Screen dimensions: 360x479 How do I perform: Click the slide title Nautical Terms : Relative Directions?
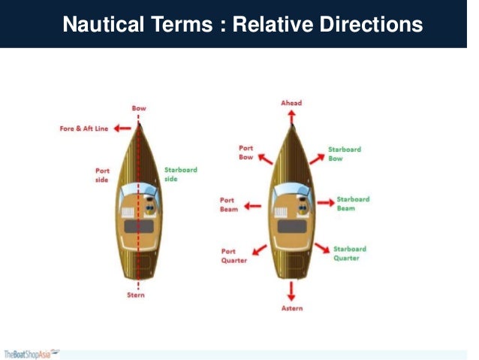pos(242,25)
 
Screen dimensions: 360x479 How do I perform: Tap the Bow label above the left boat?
pos(139,108)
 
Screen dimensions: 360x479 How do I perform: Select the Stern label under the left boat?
pos(136,295)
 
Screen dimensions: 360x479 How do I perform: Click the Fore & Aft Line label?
pos(84,129)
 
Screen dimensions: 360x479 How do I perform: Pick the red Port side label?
pos(102,174)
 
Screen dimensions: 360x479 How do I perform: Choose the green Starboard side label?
pos(181,174)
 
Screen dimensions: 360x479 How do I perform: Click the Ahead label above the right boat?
pos(291,102)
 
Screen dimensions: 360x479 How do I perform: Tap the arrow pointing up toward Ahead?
pos(291,116)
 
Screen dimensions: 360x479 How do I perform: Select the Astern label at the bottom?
pos(291,309)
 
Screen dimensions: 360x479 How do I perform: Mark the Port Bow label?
pos(247,153)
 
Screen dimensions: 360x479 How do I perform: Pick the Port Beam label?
pos(228,204)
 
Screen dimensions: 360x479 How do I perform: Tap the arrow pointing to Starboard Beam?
pos(324,203)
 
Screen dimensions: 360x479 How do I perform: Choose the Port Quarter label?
pos(233,256)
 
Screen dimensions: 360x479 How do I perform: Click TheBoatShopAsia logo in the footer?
pos(32,353)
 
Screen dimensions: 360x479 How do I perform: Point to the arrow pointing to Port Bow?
pos(265,159)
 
